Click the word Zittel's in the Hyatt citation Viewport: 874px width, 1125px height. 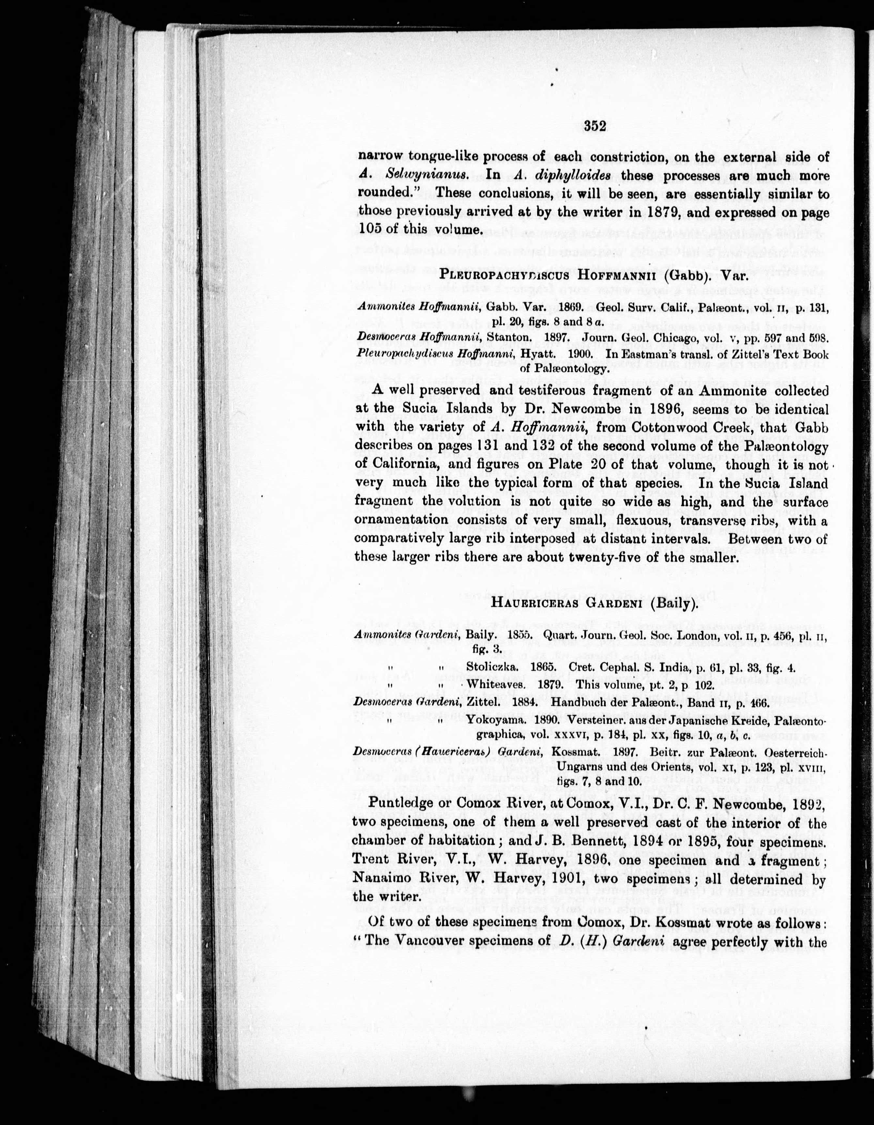coord(759,355)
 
